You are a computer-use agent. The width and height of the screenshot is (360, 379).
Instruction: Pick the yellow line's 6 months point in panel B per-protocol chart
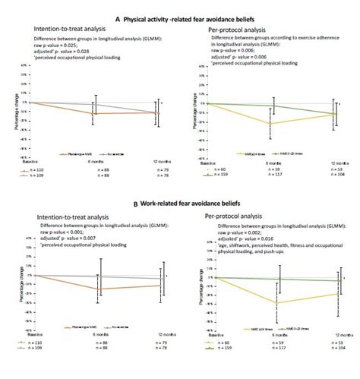coord(276,303)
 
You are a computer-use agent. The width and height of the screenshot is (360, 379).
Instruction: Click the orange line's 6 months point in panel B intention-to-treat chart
coord(98,289)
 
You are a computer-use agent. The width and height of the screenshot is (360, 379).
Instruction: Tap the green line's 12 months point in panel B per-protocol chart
coord(336,280)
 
